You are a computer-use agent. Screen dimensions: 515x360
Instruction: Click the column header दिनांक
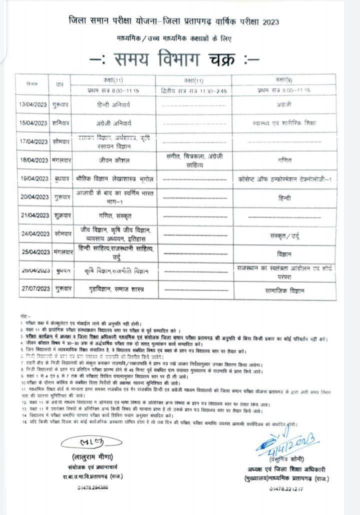coord(32,84)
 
